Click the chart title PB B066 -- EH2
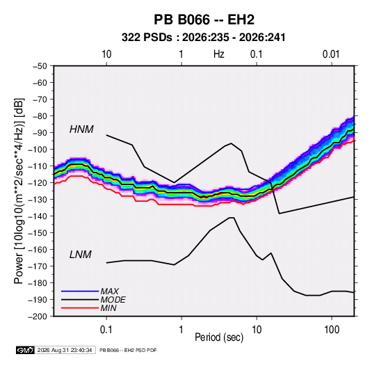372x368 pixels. pyautogui.click(x=204, y=19)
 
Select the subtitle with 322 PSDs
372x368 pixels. pyautogui.click(x=203, y=38)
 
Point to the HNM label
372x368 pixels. pyautogui.click(x=81, y=129)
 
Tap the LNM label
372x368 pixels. pyautogui.click(x=81, y=255)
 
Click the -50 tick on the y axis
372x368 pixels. pyautogui.click(x=40, y=66)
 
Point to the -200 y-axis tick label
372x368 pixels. pyautogui.click(x=38, y=317)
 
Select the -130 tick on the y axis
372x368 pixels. pyautogui.click(x=38, y=200)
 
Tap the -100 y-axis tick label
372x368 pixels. pyautogui.click(x=38, y=150)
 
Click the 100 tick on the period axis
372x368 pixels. pyautogui.click(x=332, y=330)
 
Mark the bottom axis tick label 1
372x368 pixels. pyautogui.click(x=181, y=330)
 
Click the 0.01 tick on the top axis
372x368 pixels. pyautogui.click(x=331, y=54)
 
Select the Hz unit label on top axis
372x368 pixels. pyautogui.click(x=219, y=54)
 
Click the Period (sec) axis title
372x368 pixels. pyautogui.click(x=219, y=337)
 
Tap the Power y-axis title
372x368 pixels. pyautogui.click(x=19, y=191)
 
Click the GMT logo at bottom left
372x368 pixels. pyautogui.click(x=26, y=350)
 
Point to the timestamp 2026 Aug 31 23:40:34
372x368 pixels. pyautogui.click(x=65, y=350)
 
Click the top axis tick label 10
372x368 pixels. pyautogui.click(x=106, y=54)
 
